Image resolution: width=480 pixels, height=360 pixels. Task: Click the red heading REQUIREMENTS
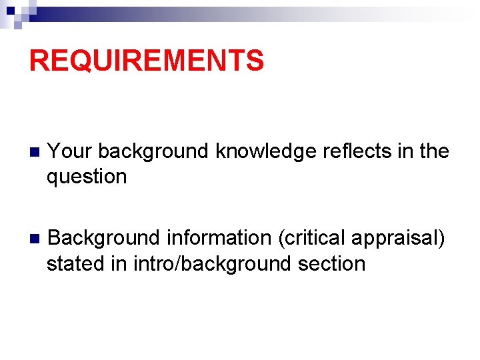pyautogui.click(x=147, y=61)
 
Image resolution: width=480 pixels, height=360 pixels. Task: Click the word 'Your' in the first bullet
pyautogui.click(x=69, y=151)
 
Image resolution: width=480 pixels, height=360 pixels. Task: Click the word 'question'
pyautogui.click(x=87, y=177)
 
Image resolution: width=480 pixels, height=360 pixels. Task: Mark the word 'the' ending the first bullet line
pyautogui.click(x=434, y=151)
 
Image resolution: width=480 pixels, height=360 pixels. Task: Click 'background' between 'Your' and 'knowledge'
pyautogui.click(x=153, y=151)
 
